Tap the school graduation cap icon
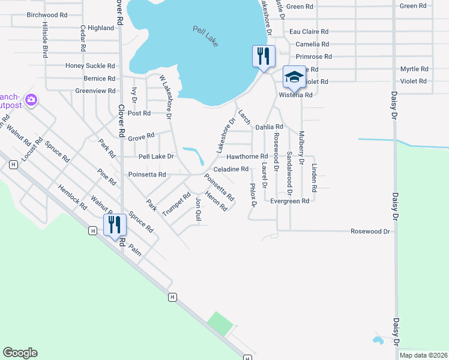[x=294, y=77]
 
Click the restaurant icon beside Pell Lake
[x=264, y=56]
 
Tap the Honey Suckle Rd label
[x=90, y=66]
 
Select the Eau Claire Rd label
[x=309, y=32]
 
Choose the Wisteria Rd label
[x=295, y=95]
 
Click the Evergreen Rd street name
[x=289, y=201]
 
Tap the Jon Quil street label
[x=198, y=210]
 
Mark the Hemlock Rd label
[x=73, y=197]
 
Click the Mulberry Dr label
[x=301, y=147]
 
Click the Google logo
[x=20, y=353]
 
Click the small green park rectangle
[x=220, y=323]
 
